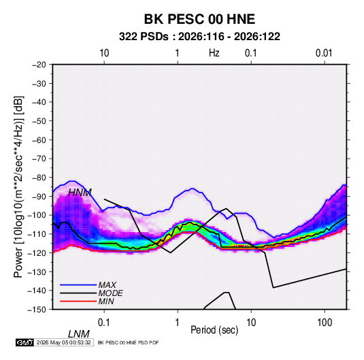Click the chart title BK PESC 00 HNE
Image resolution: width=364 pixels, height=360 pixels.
coord(199,19)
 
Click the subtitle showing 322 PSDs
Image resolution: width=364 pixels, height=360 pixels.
coord(199,37)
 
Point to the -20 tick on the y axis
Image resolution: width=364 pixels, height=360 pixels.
coord(39,65)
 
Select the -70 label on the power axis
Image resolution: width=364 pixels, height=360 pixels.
coord(39,159)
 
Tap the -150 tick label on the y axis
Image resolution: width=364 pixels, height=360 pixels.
coord(37,310)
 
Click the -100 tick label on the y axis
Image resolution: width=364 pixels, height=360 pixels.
coord(37,215)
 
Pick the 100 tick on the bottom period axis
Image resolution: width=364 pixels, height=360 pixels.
coord(325,323)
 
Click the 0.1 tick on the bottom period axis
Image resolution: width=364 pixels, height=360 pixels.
coord(104,323)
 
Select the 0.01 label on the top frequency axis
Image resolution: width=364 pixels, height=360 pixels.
coord(324,53)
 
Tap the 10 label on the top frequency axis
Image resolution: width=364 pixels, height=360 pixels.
coord(104,53)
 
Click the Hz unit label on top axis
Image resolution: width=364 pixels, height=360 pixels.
coord(214,53)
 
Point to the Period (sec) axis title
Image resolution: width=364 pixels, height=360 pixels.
coord(214,330)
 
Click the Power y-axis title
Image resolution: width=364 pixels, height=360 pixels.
coord(18,186)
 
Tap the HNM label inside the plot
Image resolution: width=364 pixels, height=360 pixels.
coord(80,193)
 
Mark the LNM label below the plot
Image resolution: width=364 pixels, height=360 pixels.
coord(79,334)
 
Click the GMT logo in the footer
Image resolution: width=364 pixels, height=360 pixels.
coord(24,342)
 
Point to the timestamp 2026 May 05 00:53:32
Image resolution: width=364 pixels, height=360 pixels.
coord(63,342)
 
